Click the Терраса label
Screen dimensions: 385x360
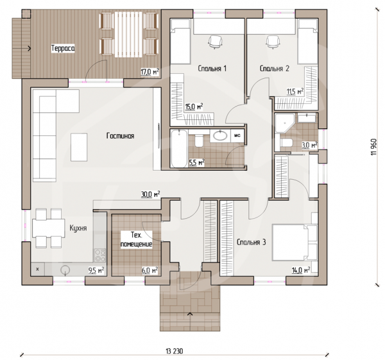(63, 48)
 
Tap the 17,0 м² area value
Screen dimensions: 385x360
(150, 72)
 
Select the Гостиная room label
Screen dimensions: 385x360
(121, 136)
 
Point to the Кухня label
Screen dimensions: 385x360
(78, 228)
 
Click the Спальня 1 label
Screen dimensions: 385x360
(212, 69)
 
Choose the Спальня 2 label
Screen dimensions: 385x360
(275, 69)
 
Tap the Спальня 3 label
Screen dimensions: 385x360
(251, 243)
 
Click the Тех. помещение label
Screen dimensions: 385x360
(136, 239)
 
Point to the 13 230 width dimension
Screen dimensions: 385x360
(175, 351)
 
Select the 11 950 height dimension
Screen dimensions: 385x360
(374, 147)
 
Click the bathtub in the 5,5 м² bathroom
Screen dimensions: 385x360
(179, 149)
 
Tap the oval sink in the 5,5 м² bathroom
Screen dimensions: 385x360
(220, 136)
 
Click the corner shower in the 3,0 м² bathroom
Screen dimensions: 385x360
(284, 123)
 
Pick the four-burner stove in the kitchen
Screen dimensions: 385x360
(100, 255)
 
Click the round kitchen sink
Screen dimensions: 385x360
(65, 270)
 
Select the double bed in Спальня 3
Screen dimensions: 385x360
(295, 243)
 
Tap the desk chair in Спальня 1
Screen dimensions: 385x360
(216, 42)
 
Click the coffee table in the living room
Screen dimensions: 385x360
(79, 148)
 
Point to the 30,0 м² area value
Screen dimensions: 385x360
(151, 194)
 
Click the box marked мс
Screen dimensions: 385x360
(237, 136)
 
